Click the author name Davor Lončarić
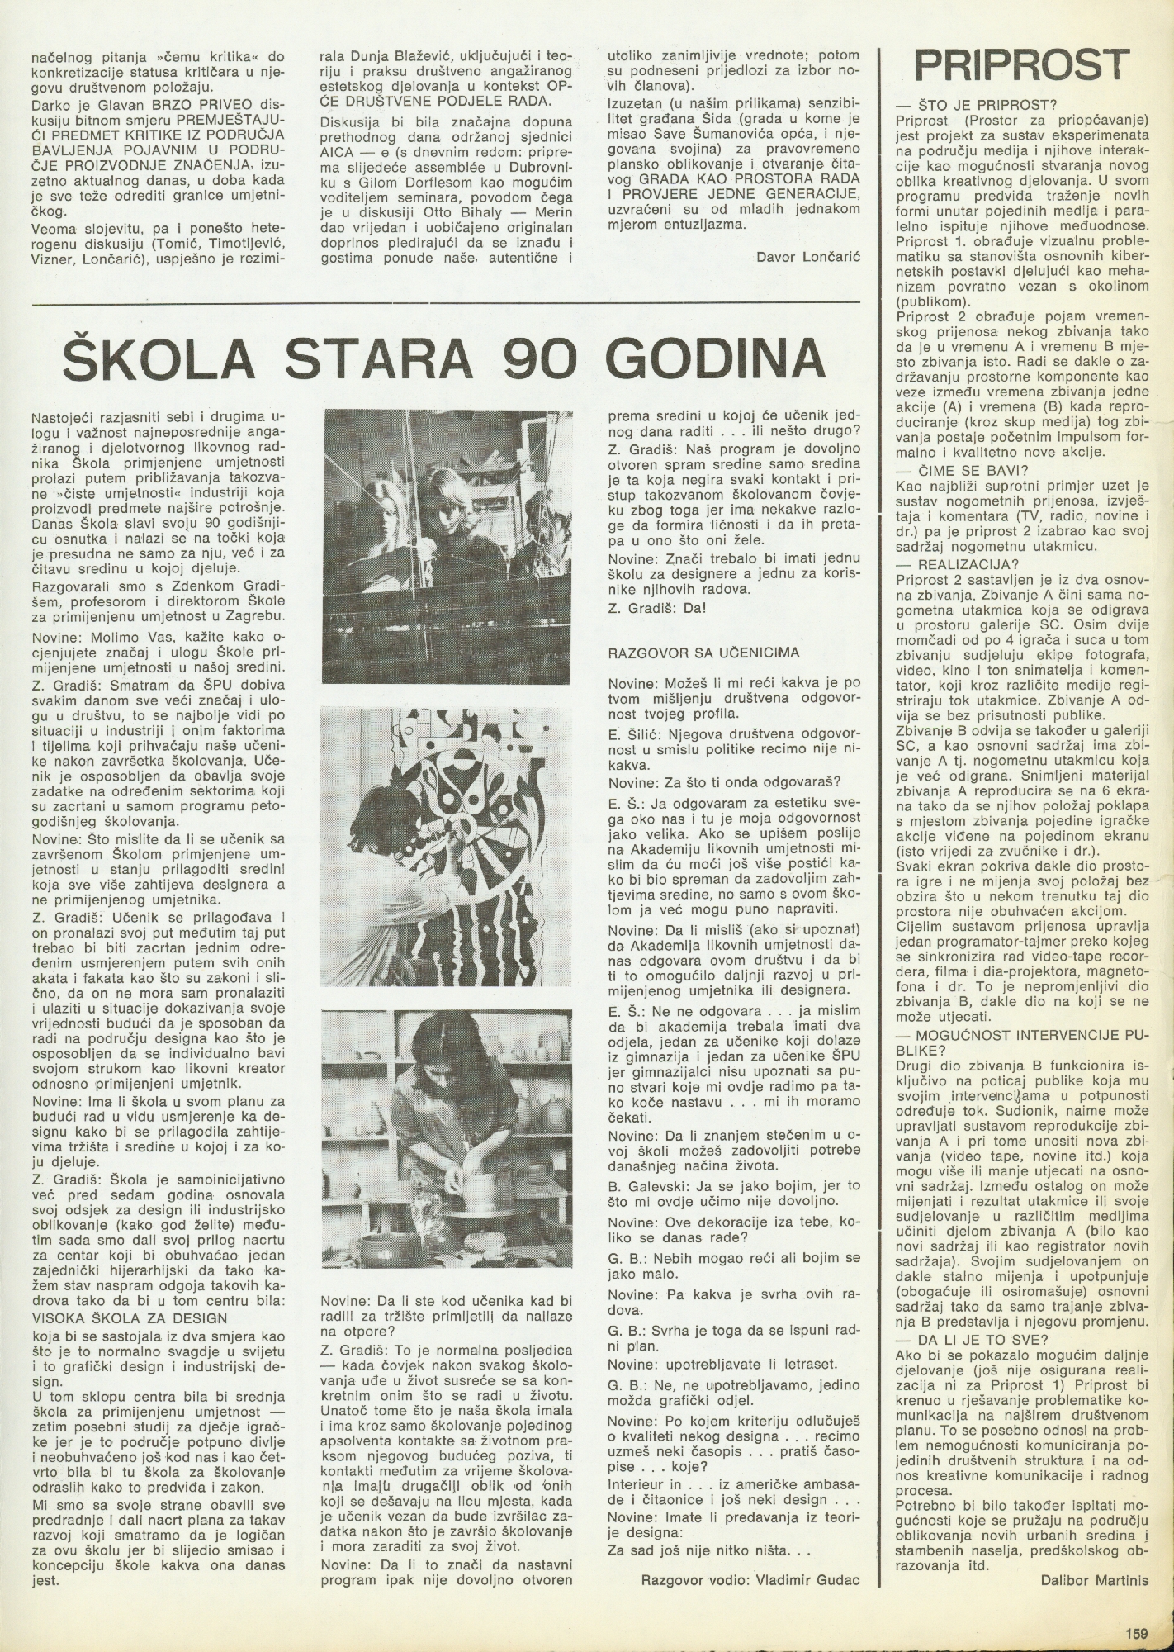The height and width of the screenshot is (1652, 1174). [x=808, y=257]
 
